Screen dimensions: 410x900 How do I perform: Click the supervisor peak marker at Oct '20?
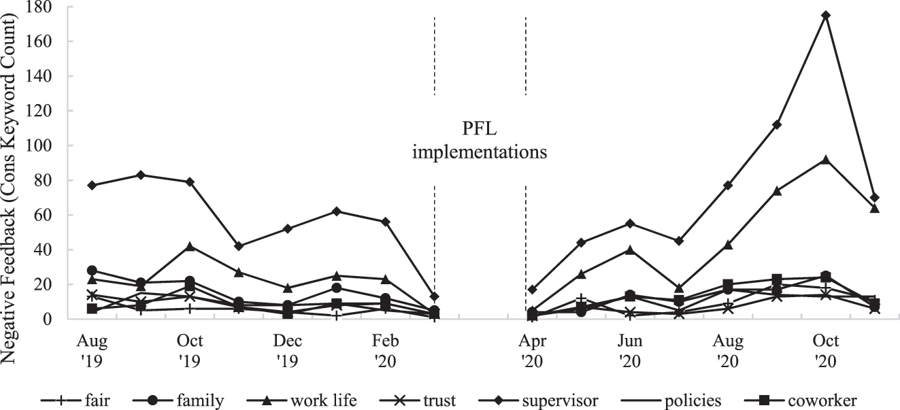click(x=826, y=15)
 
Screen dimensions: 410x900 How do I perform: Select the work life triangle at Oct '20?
click(x=826, y=159)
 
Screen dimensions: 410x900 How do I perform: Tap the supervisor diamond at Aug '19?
click(x=92, y=185)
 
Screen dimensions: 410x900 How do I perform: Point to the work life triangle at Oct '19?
click(x=190, y=246)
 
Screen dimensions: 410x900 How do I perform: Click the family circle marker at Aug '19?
click(x=92, y=270)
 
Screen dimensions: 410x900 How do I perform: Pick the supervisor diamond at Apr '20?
click(x=532, y=289)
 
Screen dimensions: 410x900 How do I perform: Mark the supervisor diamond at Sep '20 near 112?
click(x=777, y=124)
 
